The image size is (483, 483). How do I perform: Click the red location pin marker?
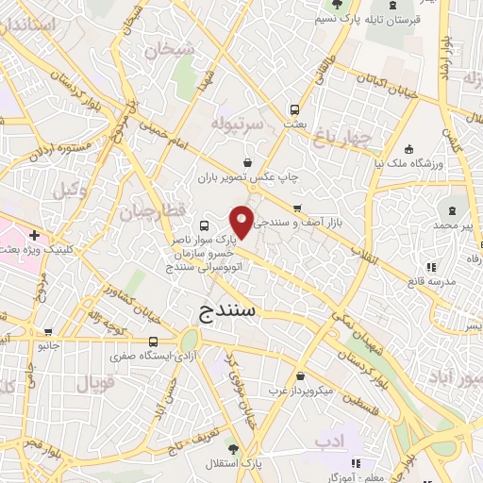click(x=243, y=221)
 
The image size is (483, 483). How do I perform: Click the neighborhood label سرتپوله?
click(x=235, y=124)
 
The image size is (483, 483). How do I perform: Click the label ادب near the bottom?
click(x=331, y=440)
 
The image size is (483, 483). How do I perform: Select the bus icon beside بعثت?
click(x=295, y=109)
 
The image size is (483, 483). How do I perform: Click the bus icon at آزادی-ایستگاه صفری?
click(x=153, y=341)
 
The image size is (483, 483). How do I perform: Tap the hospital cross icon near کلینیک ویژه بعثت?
click(x=35, y=235)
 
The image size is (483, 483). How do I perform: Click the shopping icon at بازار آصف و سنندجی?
click(x=298, y=208)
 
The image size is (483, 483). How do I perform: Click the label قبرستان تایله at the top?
click(x=365, y=20)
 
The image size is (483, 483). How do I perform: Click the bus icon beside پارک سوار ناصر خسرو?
click(x=206, y=226)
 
